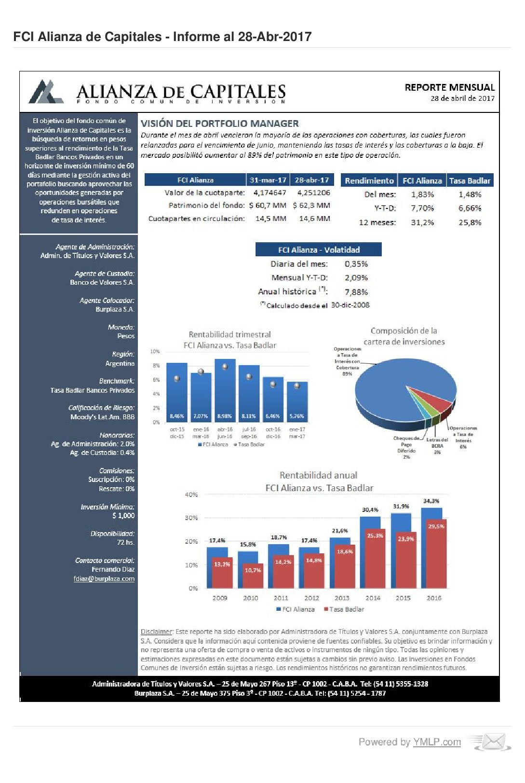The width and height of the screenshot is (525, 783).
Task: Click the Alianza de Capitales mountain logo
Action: point(46,92)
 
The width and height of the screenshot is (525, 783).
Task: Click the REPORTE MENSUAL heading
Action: point(449,87)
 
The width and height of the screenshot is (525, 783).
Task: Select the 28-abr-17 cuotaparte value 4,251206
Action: point(314,192)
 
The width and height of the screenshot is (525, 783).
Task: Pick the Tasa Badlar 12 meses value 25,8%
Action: point(470,222)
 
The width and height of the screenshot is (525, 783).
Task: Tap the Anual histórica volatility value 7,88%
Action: point(356,292)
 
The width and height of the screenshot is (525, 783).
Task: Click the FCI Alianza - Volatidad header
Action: point(319,249)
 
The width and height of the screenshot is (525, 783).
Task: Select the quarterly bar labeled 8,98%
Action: point(225,390)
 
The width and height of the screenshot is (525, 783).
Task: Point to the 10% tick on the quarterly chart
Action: point(155,351)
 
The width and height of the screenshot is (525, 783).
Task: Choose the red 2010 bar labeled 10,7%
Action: point(253,576)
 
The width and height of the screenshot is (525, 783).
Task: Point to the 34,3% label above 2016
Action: point(431,501)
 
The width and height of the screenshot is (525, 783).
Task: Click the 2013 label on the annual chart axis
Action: point(342,598)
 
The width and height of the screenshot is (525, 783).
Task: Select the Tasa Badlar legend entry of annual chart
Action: point(344,609)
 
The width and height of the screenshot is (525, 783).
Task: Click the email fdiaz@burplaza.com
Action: point(104,578)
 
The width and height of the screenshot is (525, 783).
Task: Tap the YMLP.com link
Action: point(437,742)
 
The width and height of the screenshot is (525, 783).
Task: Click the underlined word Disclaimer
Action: point(156,632)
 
